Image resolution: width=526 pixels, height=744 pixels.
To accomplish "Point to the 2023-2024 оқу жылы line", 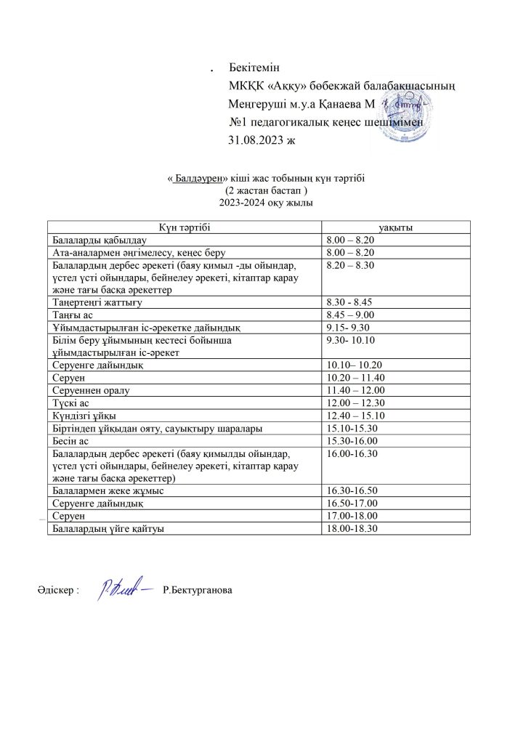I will tap(257, 202).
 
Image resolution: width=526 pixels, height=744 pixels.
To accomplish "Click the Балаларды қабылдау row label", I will tap(98, 240).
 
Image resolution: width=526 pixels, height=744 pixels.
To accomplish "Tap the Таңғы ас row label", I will tap(68, 314).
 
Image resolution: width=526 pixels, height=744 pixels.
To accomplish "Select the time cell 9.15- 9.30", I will tap(350, 326).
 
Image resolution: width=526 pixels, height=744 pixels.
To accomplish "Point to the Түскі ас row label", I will tap(69, 403).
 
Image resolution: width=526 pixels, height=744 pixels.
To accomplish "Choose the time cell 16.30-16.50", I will tap(353, 491).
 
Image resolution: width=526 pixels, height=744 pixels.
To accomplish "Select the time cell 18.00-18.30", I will tap(353, 528).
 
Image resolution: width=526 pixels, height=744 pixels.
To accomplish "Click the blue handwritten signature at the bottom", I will tap(126, 590).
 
